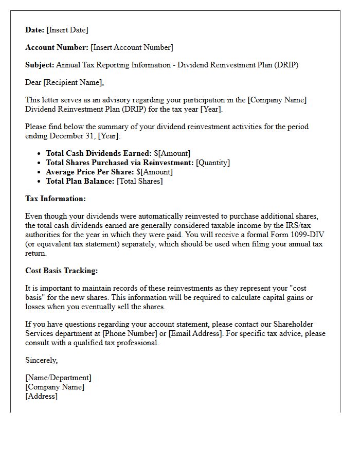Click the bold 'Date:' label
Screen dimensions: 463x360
[x=35, y=30]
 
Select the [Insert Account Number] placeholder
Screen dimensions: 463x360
[x=132, y=47]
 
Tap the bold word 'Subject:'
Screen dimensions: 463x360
[x=40, y=65]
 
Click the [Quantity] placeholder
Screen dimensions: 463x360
[x=213, y=163]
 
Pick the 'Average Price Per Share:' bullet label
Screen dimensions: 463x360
[x=90, y=172]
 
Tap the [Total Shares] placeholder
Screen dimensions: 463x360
[x=139, y=181]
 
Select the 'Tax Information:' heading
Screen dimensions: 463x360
[x=56, y=199]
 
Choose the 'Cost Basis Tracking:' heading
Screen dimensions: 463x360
[x=61, y=271]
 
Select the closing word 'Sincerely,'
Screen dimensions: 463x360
[x=42, y=360]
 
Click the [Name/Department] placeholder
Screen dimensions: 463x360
[x=58, y=378]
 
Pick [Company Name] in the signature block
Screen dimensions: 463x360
[x=55, y=387]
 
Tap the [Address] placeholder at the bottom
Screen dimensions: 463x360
[x=42, y=396]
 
